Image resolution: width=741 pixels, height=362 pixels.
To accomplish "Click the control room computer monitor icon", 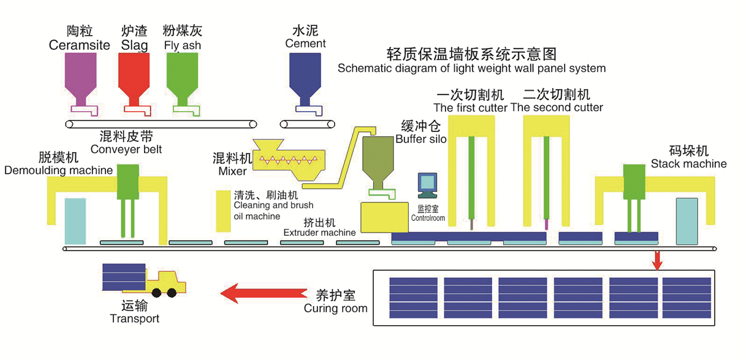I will click(426, 183).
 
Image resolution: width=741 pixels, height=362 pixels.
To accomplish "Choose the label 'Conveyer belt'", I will click(126, 149).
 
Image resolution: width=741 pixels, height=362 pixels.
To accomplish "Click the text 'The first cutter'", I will click(470, 107).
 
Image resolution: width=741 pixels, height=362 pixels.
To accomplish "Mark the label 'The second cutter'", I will click(557, 107).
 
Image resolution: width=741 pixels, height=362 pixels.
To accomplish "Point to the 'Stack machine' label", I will click(688, 164).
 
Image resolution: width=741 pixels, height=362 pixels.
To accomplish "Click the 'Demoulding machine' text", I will click(58, 171).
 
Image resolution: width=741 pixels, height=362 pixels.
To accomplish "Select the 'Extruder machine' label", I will click(319, 233).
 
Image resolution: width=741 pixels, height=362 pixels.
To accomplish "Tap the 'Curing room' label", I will click(335, 308).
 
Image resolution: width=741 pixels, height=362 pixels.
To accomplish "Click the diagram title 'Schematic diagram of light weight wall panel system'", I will click(471, 68).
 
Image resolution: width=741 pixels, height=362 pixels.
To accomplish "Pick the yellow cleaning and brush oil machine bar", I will click(222, 210).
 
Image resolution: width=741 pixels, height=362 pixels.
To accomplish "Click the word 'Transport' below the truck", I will click(134, 318).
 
